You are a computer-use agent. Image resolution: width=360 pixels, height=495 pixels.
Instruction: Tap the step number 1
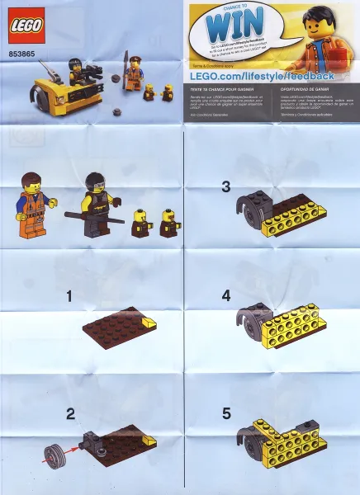(70, 295)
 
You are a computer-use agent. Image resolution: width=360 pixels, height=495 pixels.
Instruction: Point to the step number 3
(225, 187)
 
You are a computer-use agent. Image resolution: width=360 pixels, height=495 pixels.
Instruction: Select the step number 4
(225, 295)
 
